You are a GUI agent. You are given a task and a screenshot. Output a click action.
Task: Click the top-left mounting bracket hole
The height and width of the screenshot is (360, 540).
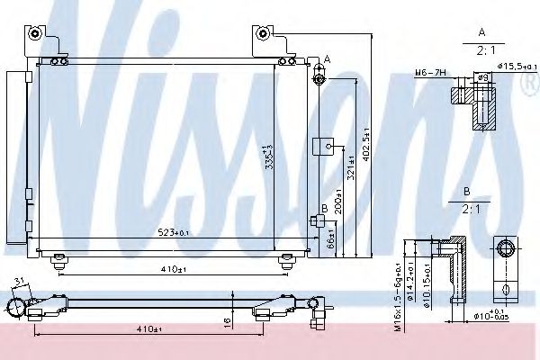(35, 33)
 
